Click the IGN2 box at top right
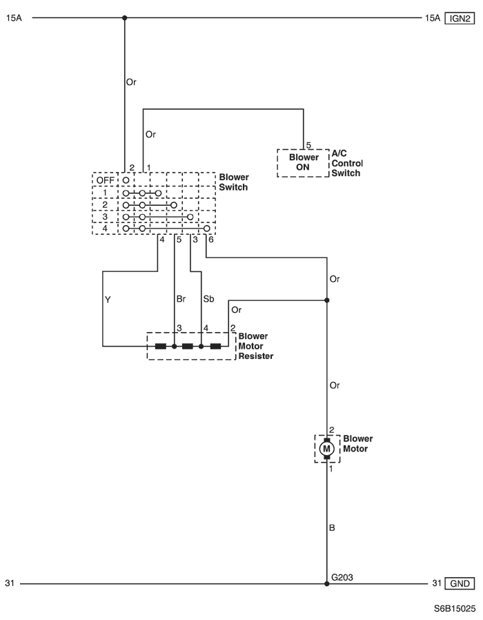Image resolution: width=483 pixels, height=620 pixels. (459, 19)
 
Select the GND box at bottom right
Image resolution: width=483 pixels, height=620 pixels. (460, 583)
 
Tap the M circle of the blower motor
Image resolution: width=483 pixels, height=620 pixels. (327, 449)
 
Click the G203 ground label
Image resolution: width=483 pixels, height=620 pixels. (343, 575)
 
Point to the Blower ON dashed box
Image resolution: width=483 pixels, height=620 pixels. (303, 162)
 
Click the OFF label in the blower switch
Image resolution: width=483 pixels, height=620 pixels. (104, 180)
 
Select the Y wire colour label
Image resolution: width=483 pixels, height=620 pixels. (108, 300)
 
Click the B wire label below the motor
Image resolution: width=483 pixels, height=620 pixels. (334, 528)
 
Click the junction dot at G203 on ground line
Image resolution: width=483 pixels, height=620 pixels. (327, 583)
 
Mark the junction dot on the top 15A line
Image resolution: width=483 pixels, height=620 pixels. (125, 19)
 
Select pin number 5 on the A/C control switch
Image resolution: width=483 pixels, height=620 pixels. (308, 145)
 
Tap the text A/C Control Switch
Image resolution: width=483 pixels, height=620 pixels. (347, 163)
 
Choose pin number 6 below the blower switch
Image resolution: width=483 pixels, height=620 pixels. (211, 240)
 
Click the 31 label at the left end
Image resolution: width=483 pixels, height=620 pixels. (10, 583)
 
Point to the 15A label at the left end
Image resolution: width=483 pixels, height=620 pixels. (14, 19)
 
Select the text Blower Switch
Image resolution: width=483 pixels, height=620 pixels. (234, 182)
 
